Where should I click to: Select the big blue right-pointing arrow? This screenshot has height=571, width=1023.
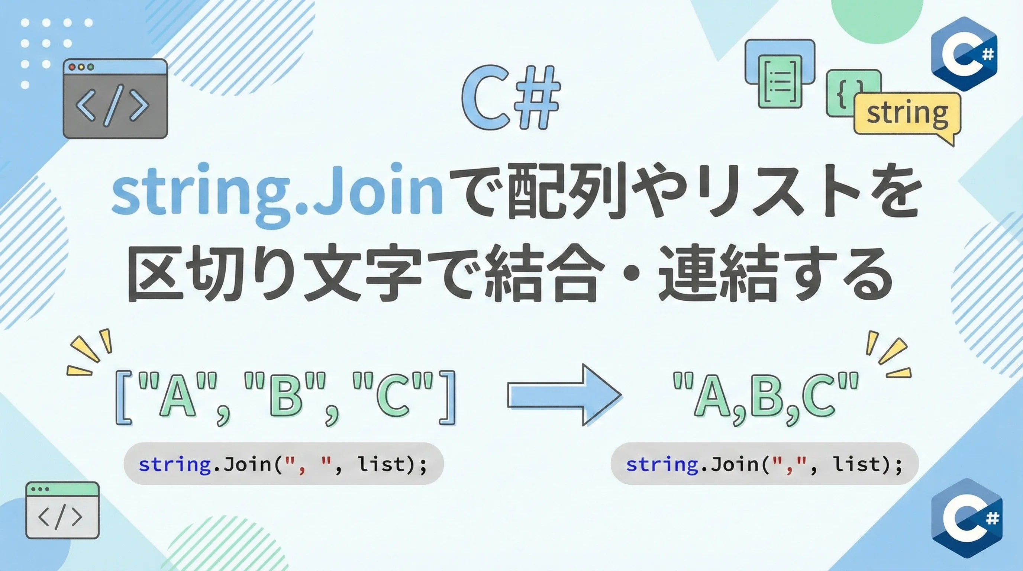click(x=564, y=395)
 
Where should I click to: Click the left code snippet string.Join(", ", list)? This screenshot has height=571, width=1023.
click(x=283, y=464)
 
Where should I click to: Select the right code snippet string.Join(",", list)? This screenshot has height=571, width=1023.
click(x=765, y=464)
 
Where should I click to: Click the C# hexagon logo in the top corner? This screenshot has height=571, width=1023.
click(x=964, y=54)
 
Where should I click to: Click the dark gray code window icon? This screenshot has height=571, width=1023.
click(x=115, y=99)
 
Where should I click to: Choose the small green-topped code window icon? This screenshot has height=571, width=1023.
click(x=62, y=510)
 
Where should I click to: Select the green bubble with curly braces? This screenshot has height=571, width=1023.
click(x=846, y=94)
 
